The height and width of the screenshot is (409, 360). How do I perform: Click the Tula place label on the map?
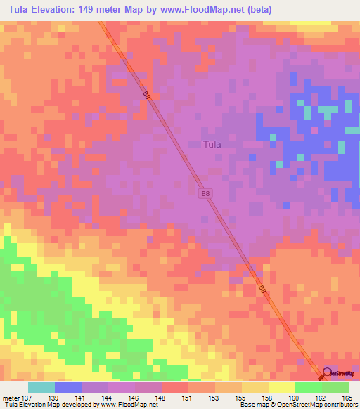click(212, 145)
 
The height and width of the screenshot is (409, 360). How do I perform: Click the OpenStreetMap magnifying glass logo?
click(327, 375)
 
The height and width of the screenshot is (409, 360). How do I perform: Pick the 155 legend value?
click(239, 397)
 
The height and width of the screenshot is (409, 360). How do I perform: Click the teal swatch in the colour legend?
click(41, 387)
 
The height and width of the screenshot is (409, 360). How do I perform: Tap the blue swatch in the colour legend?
click(68, 387)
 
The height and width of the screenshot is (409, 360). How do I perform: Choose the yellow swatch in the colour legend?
click(281, 387)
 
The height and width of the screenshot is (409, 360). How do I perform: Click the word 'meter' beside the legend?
click(10, 397)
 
